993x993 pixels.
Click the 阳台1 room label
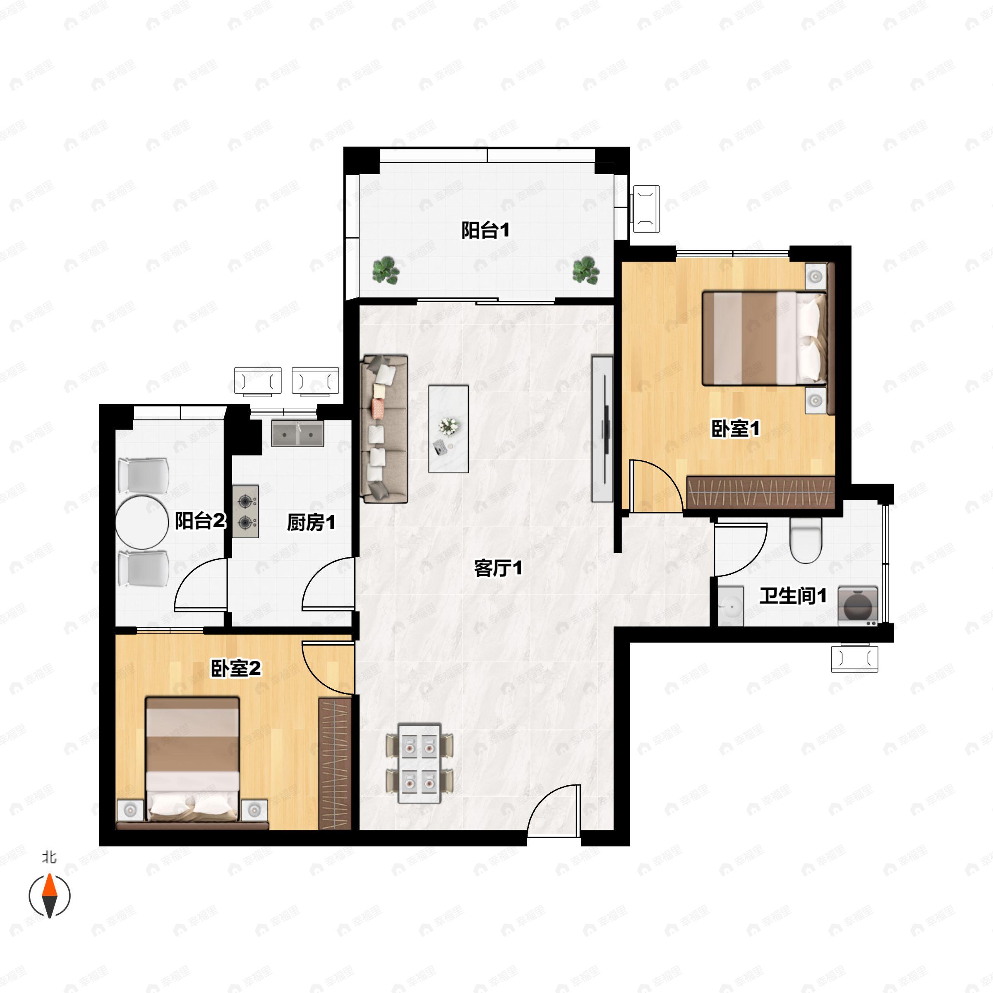485,230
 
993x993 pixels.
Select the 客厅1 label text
498,568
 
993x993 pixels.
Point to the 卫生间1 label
793,596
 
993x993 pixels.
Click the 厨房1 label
311,523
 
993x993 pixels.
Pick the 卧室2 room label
236,668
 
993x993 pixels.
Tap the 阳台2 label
200,521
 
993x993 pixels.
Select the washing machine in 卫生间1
858,606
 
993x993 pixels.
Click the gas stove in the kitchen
245,512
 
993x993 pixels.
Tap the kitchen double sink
297,433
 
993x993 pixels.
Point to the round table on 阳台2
142,522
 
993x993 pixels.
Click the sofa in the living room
384,429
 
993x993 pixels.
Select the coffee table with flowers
449,429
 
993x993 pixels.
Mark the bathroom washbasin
730,607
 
